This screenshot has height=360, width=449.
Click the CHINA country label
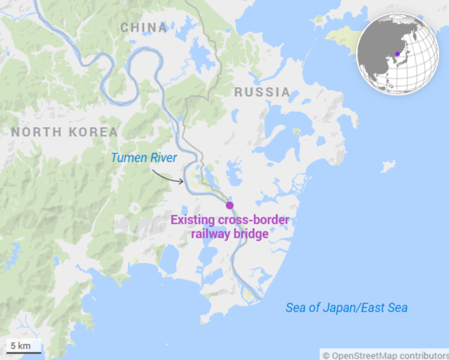[x=144, y=28]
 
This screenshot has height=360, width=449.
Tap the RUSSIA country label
[x=262, y=92]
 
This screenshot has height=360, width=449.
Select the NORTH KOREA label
[x=64, y=132]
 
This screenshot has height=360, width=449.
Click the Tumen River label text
[x=144, y=157]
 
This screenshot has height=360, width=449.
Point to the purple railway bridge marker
[x=229, y=205]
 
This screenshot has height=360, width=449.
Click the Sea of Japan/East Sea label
[x=346, y=308]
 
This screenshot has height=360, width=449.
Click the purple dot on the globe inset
[x=398, y=53]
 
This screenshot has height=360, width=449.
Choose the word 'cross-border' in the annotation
[x=255, y=221]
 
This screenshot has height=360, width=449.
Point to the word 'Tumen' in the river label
[x=127, y=157]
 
